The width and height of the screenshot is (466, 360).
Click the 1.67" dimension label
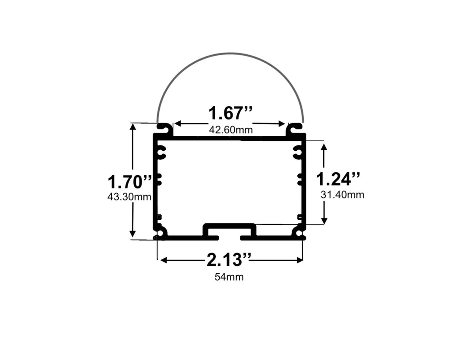click(x=230, y=114)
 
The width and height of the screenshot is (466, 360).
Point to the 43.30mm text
click(x=129, y=197)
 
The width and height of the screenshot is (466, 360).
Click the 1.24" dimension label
click(x=338, y=179)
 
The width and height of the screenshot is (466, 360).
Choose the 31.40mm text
click(x=342, y=195)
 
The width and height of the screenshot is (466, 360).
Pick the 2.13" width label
click(x=229, y=260)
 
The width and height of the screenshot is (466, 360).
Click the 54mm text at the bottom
click(x=229, y=277)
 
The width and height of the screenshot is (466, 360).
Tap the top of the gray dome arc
click(x=230, y=54)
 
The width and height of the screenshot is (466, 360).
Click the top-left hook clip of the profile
click(x=164, y=128)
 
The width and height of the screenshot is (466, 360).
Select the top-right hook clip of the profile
click(x=295, y=128)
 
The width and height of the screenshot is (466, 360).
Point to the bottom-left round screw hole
click(x=162, y=233)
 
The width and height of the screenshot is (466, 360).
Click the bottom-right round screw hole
click(x=298, y=233)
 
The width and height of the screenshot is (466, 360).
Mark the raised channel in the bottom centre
click(x=230, y=228)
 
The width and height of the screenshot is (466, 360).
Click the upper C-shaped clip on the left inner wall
click(x=161, y=152)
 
